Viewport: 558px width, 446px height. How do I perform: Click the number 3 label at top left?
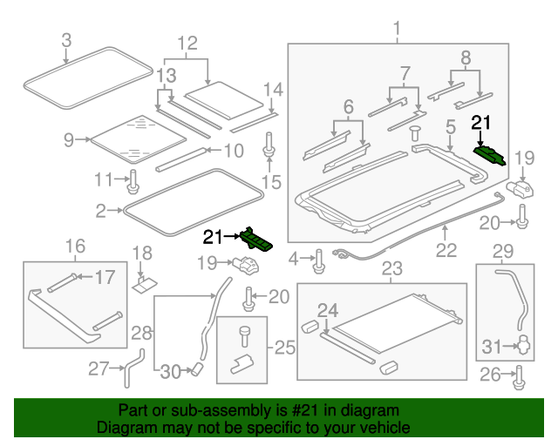click(66, 39)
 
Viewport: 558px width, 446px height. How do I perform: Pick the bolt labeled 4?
click(319, 259)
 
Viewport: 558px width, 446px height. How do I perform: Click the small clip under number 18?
click(144, 282)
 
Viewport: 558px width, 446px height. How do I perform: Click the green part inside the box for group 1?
click(489, 153)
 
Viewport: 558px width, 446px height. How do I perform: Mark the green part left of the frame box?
click(257, 238)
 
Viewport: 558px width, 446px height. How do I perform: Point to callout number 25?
click(285, 348)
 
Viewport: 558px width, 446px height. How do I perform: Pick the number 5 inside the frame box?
click(450, 127)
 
